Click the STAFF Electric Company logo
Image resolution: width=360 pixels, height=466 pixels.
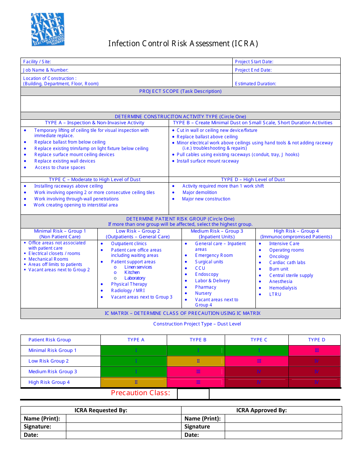point(48,30)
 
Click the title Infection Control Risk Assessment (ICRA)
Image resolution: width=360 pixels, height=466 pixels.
point(183,44)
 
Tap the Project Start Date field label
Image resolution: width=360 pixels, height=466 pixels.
point(254,62)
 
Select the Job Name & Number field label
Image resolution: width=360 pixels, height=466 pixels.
point(46,70)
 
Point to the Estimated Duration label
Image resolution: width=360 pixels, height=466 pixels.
point(255,84)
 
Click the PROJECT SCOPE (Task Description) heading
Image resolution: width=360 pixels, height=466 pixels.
point(180,91)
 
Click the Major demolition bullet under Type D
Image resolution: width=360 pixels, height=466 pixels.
point(200,192)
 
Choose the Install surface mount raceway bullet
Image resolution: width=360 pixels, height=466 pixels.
point(208,161)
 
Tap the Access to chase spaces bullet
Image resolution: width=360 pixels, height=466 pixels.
point(60,167)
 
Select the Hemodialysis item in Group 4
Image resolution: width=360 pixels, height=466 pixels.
point(283,288)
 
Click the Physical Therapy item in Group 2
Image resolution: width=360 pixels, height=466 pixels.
point(129,284)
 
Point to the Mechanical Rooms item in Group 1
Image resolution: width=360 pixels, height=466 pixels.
point(48,259)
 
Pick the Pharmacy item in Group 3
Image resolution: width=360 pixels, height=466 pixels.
point(206,287)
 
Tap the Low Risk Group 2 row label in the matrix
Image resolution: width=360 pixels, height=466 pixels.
point(49,361)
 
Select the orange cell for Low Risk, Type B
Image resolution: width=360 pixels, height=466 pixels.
point(196,361)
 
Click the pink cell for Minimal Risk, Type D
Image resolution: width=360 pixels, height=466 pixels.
point(314,350)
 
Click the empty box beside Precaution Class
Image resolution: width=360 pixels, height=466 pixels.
point(193,394)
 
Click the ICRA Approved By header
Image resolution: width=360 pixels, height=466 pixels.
point(261,410)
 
